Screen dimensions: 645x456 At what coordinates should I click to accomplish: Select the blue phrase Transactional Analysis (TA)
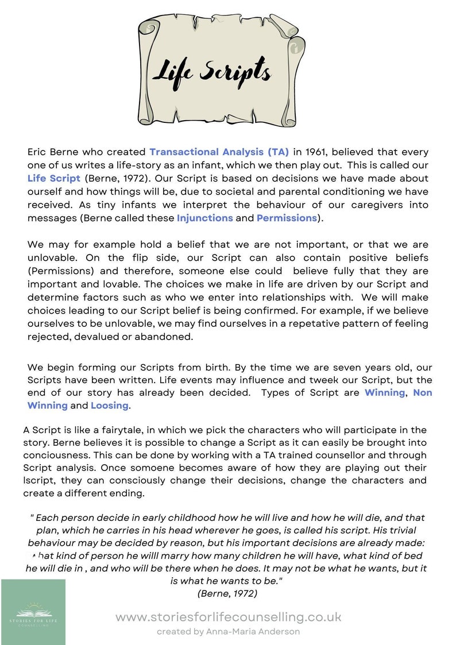(x=219, y=152)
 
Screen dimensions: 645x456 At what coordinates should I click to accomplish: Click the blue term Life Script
(x=54, y=179)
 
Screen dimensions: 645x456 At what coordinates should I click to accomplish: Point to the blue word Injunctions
(x=204, y=218)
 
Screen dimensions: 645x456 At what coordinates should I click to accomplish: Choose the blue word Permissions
(x=287, y=218)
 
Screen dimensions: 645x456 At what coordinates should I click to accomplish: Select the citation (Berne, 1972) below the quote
(x=227, y=593)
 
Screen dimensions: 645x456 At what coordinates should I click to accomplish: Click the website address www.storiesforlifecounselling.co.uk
(x=228, y=617)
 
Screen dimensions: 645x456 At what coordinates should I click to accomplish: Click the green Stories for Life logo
(x=33, y=612)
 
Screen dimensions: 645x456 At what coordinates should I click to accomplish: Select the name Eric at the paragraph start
(x=38, y=152)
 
